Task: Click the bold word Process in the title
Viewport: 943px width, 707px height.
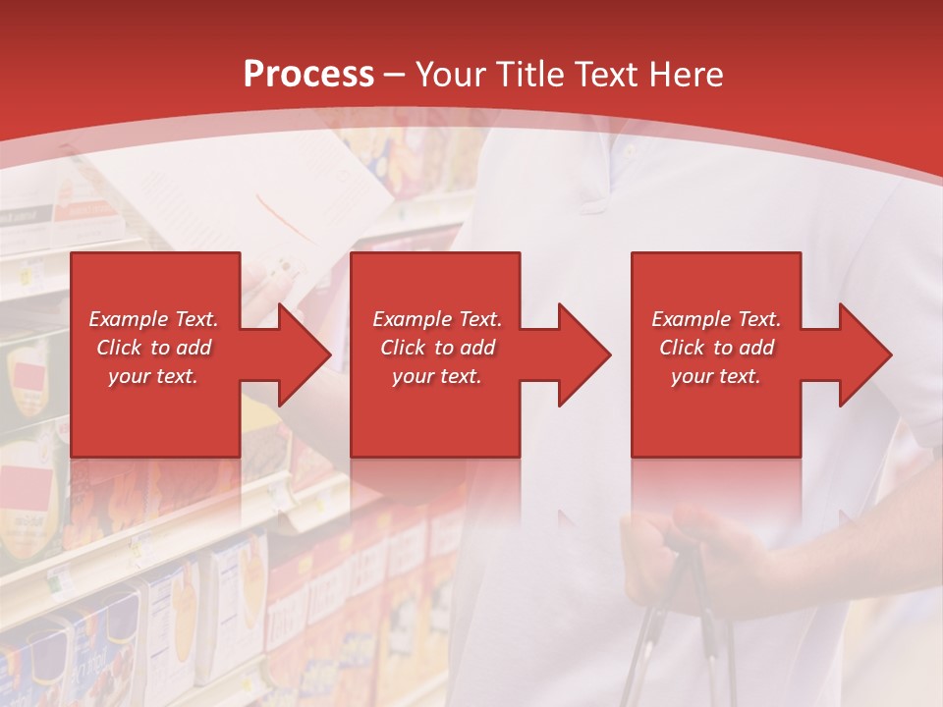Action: (x=308, y=75)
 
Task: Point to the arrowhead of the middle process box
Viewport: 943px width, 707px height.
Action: (x=582, y=354)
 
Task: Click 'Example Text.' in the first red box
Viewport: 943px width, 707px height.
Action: (x=153, y=319)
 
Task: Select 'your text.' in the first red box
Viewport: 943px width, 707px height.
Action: (x=153, y=376)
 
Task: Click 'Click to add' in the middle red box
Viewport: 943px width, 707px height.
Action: (x=437, y=348)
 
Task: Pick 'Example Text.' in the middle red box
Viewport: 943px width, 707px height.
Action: (x=437, y=319)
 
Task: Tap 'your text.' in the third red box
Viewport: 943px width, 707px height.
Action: (x=716, y=376)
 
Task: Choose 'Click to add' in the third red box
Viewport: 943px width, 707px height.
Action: (x=716, y=348)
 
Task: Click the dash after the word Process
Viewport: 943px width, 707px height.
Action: (x=395, y=75)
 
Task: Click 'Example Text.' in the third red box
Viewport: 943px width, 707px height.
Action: (x=716, y=319)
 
